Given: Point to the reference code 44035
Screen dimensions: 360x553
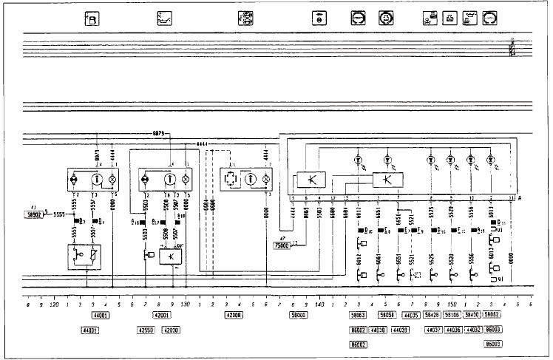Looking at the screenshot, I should (400, 315).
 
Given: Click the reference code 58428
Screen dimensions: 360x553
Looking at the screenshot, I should (430, 315).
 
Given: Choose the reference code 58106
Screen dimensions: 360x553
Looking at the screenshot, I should (450, 315).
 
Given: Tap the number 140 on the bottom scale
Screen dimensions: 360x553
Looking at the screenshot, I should (319, 304).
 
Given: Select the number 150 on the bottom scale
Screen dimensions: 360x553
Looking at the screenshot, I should (451, 304).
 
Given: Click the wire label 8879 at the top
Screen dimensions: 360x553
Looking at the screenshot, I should (160, 133).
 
